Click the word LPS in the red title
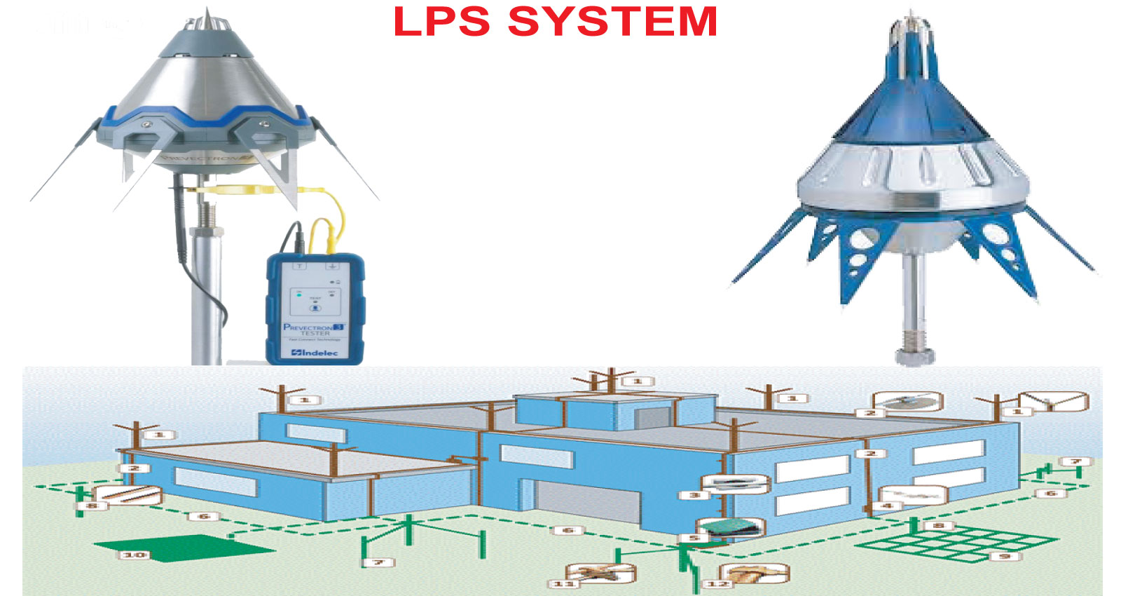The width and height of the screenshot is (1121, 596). (x=441, y=21)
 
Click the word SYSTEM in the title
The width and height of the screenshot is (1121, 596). (x=612, y=21)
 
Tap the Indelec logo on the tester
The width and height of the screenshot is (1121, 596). (x=315, y=352)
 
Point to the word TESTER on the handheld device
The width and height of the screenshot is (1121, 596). (x=315, y=334)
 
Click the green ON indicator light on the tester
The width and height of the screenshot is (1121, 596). (x=299, y=295)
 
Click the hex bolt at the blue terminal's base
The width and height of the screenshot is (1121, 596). (x=914, y=354)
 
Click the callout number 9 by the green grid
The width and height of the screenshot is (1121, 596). (x=1004, y=556)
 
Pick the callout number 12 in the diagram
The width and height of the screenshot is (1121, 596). (x=717, y=583)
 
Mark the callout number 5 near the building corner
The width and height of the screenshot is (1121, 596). (x=693, y=539)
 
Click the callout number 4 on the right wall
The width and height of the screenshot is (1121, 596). (x=887, y=505)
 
